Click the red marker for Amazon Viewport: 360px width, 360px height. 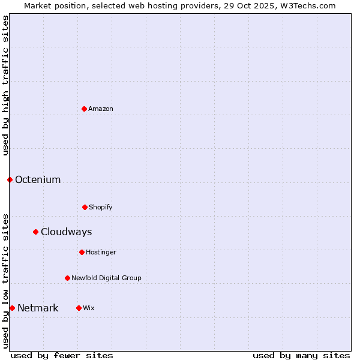[x=84, y=109]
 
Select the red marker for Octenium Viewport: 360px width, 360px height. [x=10, y=179]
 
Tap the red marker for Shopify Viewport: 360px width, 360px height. [x=85, y=207]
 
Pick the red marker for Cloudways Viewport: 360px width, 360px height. [x=35, y=232]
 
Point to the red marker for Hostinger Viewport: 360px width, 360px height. [x=82, y=252]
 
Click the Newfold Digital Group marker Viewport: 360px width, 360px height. [x=67, y=278]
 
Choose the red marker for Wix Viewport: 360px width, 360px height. [x=79, y=308]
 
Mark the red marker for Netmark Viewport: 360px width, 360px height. [x=12, y=308]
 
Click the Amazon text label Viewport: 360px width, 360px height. [x=101, y=109]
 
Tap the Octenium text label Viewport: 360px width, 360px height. [x=38, y=179]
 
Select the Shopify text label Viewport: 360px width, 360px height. [x=101, y=207]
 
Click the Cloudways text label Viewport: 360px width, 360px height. [x=66, y=232]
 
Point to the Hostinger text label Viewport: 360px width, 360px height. [x=101, y=252]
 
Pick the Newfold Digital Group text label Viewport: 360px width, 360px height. [x=106, y=278]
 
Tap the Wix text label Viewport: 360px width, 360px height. [x=89, y=308]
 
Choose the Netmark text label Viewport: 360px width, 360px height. [x=38, y=308]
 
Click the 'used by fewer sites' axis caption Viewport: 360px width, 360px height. [x=62, y=355]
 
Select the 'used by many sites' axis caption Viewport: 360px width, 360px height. [x=301, y=355]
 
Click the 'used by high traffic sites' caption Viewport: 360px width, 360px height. [x=5, y=85]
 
